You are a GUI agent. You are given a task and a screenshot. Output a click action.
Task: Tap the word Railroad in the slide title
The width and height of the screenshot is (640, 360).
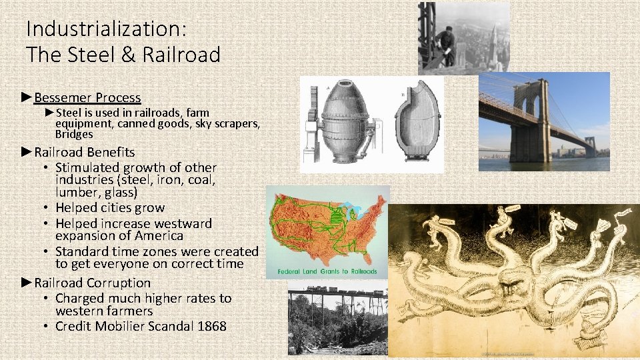click(x=177, y=55)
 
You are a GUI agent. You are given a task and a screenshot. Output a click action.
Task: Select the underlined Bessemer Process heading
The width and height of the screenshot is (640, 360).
click(x=87, y=98)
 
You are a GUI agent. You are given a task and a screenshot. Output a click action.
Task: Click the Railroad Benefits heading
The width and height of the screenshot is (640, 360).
click(x=85, y=152)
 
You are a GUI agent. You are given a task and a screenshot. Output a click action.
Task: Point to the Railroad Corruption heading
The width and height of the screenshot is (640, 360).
click(x=93, y=283)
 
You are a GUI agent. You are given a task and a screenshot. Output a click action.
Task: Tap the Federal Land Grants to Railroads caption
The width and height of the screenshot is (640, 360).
click(x=327, y=271)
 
